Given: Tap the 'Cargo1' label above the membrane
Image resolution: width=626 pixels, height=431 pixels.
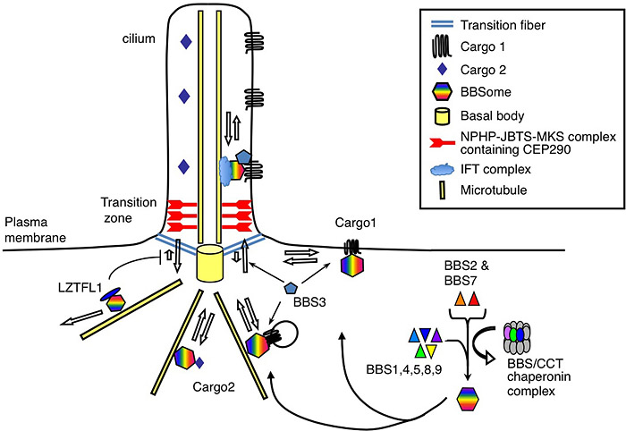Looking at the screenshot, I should pyautogui.click(x=355, y=221).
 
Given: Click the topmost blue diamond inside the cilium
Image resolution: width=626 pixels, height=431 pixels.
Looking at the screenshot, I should pyautogui.click(x=185, y=41).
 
